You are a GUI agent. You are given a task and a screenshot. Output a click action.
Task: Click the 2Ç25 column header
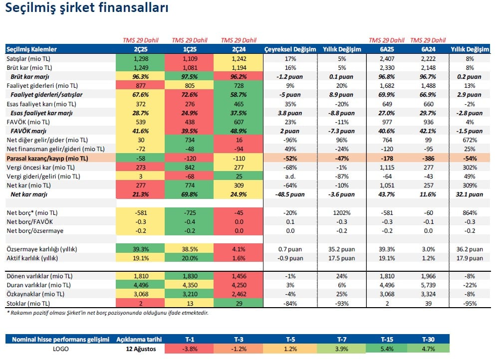(x=140, y=49)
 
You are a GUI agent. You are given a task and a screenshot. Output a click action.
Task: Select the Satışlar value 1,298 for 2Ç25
(x=140, y=58)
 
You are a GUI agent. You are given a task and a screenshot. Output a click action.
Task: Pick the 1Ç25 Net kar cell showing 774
(x=190, y=185)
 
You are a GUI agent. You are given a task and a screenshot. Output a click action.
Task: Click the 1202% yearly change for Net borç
(x=342, y=212)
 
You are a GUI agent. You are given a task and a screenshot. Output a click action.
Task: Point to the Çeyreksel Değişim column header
(x=290, y=49)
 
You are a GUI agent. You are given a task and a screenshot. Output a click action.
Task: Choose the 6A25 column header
(x=387, y=49)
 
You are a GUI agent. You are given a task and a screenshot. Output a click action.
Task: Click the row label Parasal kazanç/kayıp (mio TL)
(x=47, y=159)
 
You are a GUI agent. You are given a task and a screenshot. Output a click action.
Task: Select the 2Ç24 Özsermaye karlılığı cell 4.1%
(x=239, y=249)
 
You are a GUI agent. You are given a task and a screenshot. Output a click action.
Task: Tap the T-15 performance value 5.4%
(x=387, y=349)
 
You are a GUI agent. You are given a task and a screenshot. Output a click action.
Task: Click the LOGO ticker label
(x=61, y=349)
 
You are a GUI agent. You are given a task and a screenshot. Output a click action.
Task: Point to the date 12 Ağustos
(x=141, y=349)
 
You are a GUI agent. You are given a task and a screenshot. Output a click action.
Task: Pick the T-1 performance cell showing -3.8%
(x=190, y=349)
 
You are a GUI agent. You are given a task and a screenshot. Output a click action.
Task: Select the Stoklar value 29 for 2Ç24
(x=239, y=303)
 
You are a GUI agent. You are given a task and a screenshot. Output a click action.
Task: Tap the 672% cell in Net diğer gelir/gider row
(x=470, y=140)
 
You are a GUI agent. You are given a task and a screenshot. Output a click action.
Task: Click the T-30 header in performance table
(x=428, y=340)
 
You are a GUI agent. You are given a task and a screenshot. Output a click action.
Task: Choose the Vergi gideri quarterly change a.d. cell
(x=290, y=177)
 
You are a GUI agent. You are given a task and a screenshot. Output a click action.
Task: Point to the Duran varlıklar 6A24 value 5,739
(x=428, y=285)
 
